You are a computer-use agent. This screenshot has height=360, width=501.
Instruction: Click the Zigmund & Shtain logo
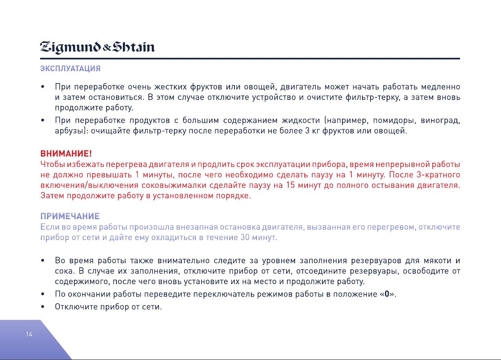pos(97,47)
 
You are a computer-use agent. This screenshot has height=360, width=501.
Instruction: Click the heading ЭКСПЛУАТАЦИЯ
pos(71,68)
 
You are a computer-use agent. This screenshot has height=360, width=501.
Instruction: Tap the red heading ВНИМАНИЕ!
pos(66,154)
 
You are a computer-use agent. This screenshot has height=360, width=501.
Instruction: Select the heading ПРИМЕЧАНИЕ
pos(70,216)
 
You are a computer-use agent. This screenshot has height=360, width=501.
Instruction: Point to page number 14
pos(29,334)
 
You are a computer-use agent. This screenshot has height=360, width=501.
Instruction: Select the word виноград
pos(440,120)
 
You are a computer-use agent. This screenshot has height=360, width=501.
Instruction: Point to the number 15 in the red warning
pos(291,185)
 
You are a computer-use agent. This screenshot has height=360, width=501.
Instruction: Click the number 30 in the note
pos(245,237)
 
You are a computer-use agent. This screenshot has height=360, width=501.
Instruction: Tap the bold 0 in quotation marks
pos(387,294)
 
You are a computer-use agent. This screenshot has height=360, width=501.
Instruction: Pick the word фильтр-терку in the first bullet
pos(373,98)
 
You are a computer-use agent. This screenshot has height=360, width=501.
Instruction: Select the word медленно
pos(441,87)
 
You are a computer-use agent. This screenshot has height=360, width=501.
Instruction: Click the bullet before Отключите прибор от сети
pos(43,307)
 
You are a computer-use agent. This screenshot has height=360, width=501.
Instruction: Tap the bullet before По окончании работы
pos(43,294)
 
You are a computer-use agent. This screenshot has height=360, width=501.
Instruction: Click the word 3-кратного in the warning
pos(438,175)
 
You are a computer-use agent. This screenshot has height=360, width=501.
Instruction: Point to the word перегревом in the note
pos(392,227)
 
